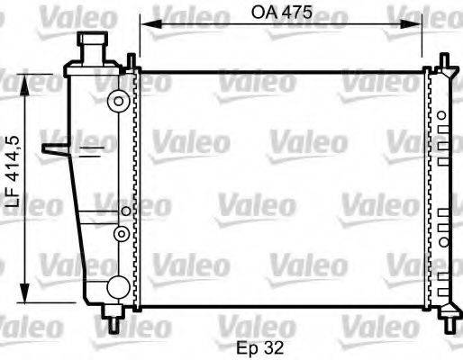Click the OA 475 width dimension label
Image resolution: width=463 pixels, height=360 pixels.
tap(282, 13)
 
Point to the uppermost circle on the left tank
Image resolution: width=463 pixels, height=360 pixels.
tap(115, 101)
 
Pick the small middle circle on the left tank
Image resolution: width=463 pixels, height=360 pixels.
tap(117, 233)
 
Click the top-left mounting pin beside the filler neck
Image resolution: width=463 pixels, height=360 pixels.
tap(132, 61)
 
